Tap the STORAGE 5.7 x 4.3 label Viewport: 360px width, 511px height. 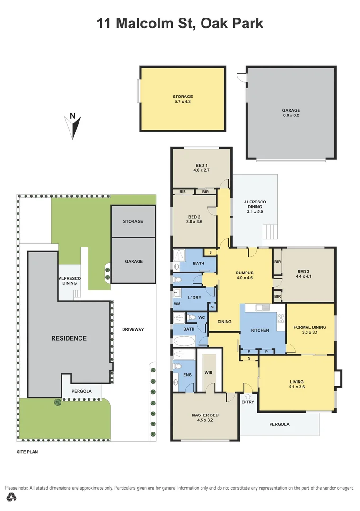pos(182,99)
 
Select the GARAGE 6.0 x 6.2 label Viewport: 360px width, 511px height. pos(291,113)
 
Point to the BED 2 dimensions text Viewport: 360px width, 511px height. pos(194,221)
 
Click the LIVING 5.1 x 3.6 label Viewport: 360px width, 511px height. pos(297,384)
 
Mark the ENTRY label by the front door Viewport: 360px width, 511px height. pos(247,402)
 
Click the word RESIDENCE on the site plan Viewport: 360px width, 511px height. pos(69,338)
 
